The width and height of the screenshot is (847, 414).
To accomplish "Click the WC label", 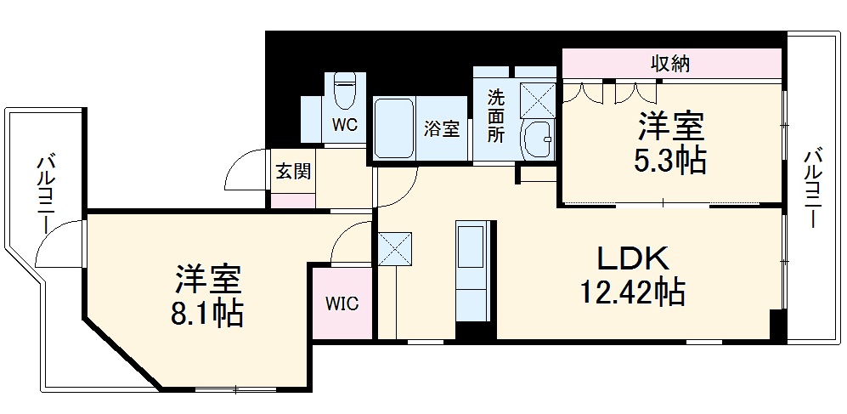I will (x=344, y=124).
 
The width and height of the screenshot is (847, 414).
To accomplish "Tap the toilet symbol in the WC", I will (x=344, y=91).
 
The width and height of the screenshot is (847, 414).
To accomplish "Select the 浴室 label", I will (x=442, y=129).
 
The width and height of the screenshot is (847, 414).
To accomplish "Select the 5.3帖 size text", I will (x=671, y=160).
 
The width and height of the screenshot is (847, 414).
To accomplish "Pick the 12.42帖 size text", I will (x=633, y=293).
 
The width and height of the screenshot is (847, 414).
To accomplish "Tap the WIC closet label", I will (x=342, y=303).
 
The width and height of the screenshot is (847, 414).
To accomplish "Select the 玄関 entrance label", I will (x=292, y=171).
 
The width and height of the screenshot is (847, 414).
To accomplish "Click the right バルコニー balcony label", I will (x=813, y=188).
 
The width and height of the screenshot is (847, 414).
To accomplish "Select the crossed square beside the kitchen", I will (x=394, y=248).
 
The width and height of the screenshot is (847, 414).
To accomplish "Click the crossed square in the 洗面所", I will (x=538, y=99).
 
